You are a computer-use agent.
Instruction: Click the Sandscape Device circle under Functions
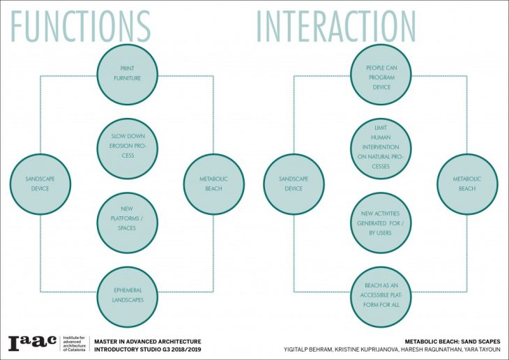[x=40, y=184]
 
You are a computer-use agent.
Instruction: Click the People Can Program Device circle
[x=381, y=73]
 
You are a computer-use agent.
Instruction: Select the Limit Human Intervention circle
[x=381, y=149]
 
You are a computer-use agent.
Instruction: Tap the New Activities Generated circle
[x=381, y=223]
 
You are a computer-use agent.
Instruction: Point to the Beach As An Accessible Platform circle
[x=381, y=297]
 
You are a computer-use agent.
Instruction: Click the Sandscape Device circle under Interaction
[x=294, y=184]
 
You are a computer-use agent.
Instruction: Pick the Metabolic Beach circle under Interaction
[x=467, y=184]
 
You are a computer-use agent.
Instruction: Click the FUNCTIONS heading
[x=82, y=26]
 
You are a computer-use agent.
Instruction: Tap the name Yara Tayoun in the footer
[x=484, y=348]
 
